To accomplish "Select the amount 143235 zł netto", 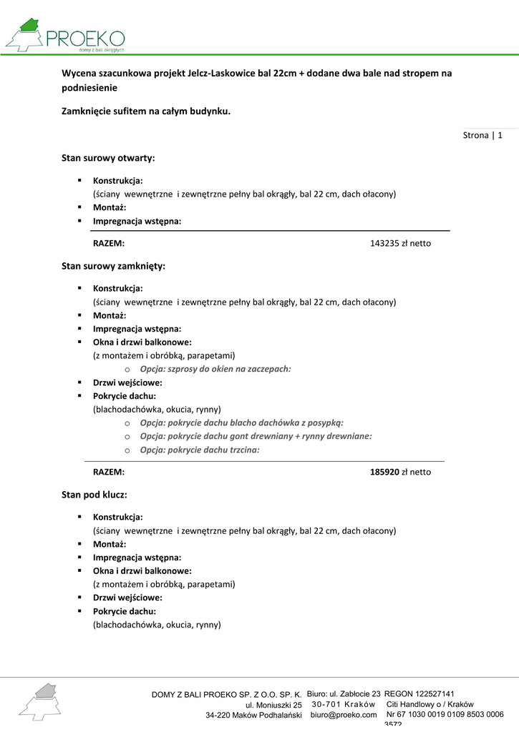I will coord(400,244).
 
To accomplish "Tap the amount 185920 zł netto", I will coord(400,472).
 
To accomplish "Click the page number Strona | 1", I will coord(483,135).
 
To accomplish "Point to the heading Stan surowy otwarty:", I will coord(108,157).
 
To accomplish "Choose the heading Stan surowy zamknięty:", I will coord(113,266).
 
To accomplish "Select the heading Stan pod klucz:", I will coord(94,494).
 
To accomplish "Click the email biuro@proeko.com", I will coord(344,715).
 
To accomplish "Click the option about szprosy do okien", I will coord(215,369).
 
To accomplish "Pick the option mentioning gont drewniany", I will coord(256,436).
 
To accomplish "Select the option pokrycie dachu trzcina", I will coord(199,450).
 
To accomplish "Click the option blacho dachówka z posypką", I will coord(241,422).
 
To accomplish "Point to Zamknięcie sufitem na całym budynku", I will coord(146,111).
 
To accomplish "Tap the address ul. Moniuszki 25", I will coord(273,705).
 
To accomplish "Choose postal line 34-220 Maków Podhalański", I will coord(253,716).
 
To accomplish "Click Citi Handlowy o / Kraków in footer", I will coord(430,704).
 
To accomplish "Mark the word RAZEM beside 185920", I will coord(109,472).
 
